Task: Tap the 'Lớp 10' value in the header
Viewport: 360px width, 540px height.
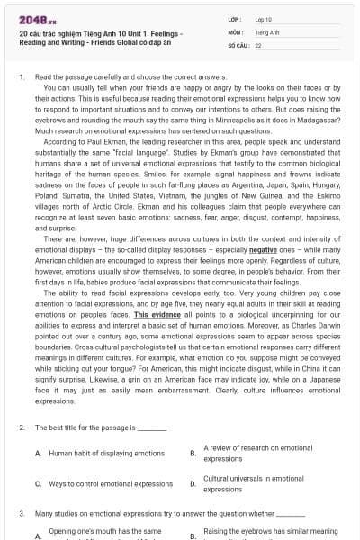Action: tap(263, 19)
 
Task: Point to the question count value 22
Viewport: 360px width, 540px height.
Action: tap(258, 44)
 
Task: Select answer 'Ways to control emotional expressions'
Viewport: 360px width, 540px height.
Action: tap(110, 483)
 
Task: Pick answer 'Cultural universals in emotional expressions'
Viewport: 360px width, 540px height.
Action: tap(253, 483)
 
